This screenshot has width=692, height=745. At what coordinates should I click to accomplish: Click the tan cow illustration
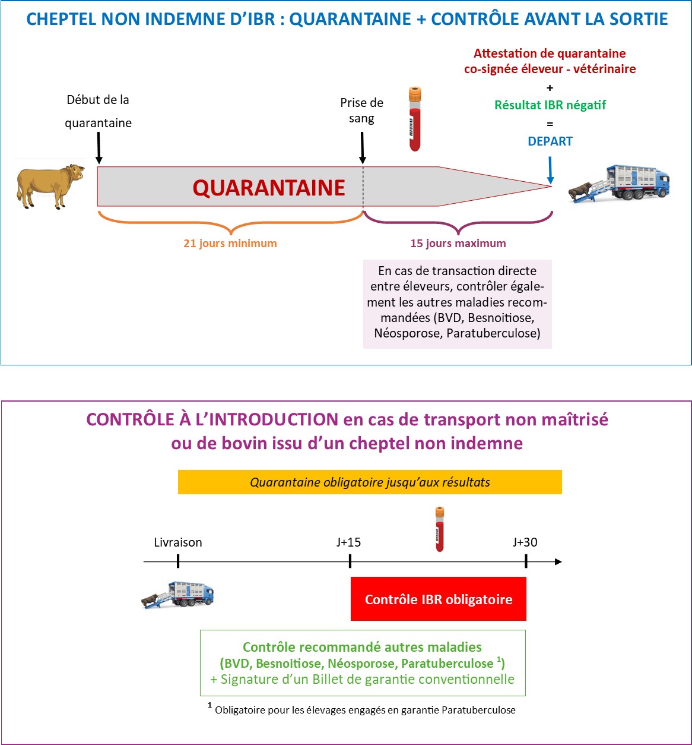[x=50, y=186]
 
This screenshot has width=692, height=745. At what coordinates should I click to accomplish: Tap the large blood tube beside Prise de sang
[x=415, y=119]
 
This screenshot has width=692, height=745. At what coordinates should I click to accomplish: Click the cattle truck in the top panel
[x=619, y=184]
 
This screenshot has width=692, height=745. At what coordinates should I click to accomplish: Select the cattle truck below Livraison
[x=177, y=595]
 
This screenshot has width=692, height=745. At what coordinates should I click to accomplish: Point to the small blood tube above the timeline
[x=440, y=529]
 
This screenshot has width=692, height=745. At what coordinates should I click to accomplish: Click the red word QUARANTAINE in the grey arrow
[x=268, y=188]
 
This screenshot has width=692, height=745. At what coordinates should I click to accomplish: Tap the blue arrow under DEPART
[x=550, y=171]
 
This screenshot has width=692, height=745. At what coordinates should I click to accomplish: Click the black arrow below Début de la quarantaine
[x=99, y=148]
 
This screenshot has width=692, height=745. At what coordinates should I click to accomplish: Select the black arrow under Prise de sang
[x=362, y=148]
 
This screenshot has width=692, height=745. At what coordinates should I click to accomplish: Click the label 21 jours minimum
[x=230, y=243]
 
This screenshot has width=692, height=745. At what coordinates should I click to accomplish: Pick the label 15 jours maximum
[x=458, y=243]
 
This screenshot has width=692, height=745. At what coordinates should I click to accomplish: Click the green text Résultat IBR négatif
[x=550, y=105]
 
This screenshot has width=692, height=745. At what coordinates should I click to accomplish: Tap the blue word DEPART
[x=550, y=141]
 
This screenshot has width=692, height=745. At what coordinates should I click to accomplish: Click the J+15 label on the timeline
[x=348, y=542]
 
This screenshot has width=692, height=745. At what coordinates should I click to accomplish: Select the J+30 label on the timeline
[x=525, y=542]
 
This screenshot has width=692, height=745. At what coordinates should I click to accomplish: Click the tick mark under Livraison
[x=177, y=561]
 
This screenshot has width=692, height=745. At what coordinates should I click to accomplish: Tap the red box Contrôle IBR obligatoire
[x=438, y=599]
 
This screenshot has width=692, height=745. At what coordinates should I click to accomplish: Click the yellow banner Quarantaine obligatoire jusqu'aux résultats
[x=370, y=482]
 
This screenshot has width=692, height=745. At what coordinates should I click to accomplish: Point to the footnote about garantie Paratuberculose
[x=362, y=709]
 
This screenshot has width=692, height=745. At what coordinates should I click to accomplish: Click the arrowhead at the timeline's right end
[x=558, y=561]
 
